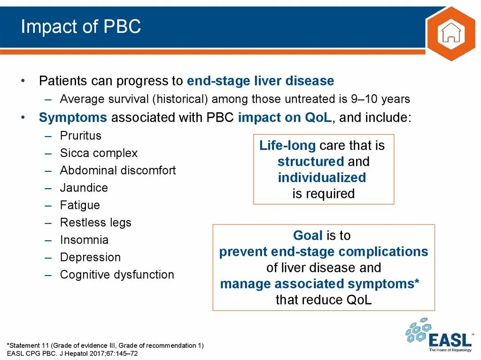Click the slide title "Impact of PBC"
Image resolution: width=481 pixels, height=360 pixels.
[x=81, y=27]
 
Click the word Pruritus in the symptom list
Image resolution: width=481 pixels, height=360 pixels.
[x=81, y=136]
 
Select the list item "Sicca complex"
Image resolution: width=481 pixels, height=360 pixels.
[x=99, y=153]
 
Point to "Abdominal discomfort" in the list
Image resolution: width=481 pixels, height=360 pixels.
[x=118, y=170]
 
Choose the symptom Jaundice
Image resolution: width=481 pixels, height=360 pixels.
[x=84, y=188]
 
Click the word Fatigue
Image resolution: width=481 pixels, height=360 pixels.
[x=80, y=205]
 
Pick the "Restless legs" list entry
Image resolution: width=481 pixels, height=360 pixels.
[x=96, y=222]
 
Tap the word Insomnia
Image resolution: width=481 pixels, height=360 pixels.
[x=84, y=240]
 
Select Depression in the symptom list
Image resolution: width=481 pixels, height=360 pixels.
[x=90, y=257]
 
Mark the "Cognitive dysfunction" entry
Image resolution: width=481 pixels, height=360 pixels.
[x=117, y=275]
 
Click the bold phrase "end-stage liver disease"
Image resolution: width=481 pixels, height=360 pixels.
[x=260, y=81]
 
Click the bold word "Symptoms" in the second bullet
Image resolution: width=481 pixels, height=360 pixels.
[x=73, y=117]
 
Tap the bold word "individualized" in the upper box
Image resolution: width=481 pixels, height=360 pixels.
[x=322, y=178]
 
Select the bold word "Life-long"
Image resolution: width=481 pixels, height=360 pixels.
[x=287, y=146]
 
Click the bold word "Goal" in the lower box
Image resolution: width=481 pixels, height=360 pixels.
[x=308, y=235]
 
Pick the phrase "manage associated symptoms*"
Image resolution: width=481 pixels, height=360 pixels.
[x=320, y=284]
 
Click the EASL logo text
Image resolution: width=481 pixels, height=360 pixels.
[x=450, y=339]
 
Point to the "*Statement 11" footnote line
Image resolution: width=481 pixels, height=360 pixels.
[x=105, y=345]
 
